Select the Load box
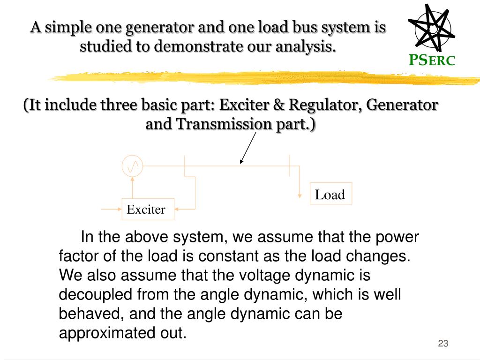(x=330, y=194)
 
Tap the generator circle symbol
(x=132, y=166)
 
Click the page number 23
(x=443, y=344)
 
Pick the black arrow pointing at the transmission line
(x=249, y=147)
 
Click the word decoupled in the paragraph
(x=96, y=294)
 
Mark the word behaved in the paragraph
(x=87, y=314)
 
